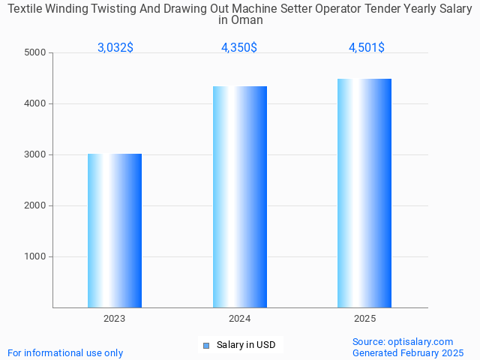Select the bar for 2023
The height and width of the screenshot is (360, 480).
(x=115, y=230)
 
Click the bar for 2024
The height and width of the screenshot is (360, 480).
(x=240, y=196)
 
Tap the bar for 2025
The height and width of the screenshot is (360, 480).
(x=364, y=193)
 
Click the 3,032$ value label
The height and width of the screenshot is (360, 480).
(x=115, y=47)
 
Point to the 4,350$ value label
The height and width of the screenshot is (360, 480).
(x=239, y=47)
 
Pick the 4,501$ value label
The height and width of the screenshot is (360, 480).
(x=367, y=47)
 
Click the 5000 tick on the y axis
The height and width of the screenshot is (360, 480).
(x=35, y=52)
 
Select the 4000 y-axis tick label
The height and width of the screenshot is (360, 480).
(x=35, y=103)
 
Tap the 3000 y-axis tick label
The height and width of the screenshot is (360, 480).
(x=35, y=154)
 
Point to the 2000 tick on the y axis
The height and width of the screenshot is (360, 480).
(x=35, y=205)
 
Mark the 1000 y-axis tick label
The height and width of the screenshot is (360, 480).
(x=35, y=256)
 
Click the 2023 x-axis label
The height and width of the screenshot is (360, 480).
(x=115, y=319)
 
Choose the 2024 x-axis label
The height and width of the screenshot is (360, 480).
(x=240, y=319)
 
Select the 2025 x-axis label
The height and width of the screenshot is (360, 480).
(x=364, y=319)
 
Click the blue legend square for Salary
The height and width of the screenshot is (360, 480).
(x=206, y=345)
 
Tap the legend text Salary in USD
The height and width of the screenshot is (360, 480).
(x=246, y=345)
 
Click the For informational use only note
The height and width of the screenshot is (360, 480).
(x=65, y=352)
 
